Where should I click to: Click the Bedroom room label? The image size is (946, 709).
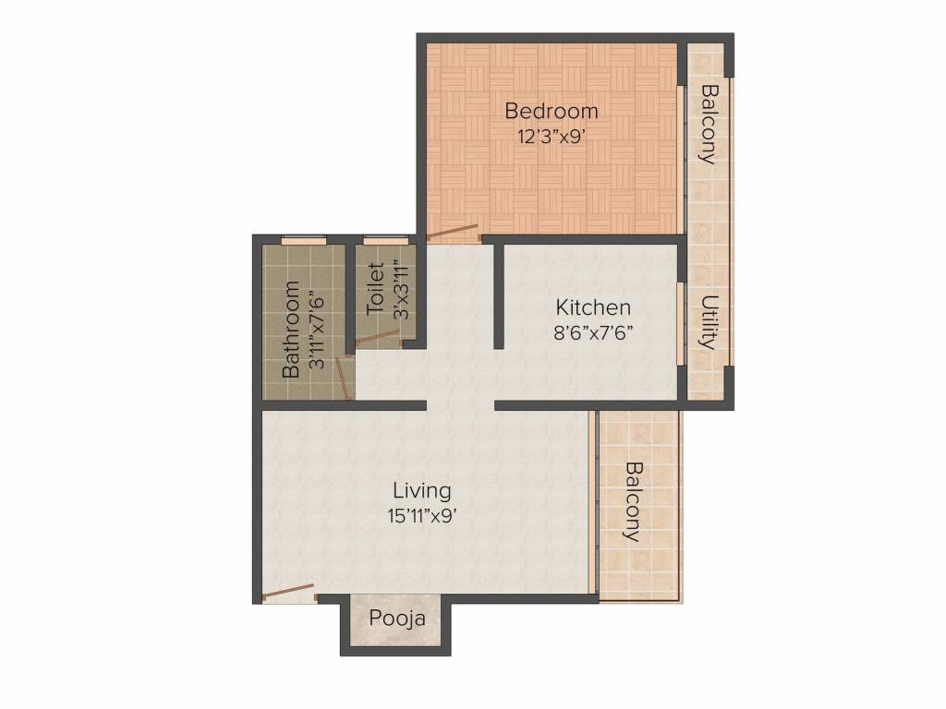(x=552, y=111)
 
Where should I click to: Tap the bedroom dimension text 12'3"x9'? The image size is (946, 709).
(x=552, y=137)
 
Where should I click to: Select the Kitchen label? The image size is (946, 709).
(x=593, y=307)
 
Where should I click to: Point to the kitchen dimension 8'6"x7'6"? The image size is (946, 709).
(x=593, y=332)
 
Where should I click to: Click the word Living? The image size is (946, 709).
(x=421, y=491)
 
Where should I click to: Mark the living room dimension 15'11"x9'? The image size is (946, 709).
(x=421, y=516)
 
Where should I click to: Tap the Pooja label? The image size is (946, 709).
(x=397, y=619)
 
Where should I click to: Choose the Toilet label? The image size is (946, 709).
(x=375, y=288)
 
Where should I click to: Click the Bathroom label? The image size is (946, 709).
(x=291, y=330)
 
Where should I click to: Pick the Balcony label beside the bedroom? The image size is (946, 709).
(x=710, y=125)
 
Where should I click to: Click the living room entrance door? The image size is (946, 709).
(x=288, y=594)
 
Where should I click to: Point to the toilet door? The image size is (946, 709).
(x=380, y=339)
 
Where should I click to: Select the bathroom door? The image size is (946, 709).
(x=344, y=378)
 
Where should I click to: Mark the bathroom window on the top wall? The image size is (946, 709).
(x=304, y=241)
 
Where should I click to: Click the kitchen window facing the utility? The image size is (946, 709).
(x=680, y=324)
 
